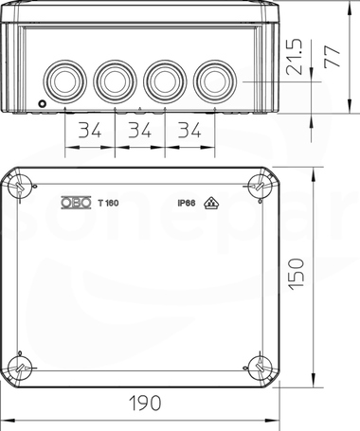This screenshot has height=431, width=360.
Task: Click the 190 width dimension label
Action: (x=145, y=403)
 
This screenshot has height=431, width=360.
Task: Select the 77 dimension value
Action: (x=333, y=57)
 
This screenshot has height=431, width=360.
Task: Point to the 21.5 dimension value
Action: (x=294, y=57)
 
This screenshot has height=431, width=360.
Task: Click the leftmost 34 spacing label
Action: (x=90, y=130)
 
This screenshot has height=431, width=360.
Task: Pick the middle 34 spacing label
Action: (x=139, y=130)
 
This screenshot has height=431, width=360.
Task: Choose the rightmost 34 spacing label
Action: (x=189, y=130)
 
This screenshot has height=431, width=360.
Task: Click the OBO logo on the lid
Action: (x=76, y=203)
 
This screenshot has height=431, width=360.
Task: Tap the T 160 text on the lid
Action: (x=108, y=203)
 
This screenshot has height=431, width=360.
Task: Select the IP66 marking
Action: (x=187, y=203)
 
